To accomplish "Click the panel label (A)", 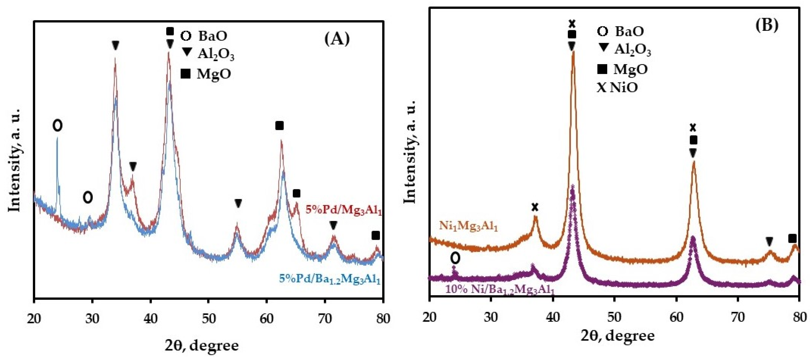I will click(x=337, y=40).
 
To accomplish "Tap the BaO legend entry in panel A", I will click(x=204, y=36).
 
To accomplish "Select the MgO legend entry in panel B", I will click(x=622, y=69).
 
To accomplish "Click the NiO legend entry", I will click(x=617, y=87).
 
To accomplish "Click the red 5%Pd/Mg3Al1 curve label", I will click(x=343, y=210).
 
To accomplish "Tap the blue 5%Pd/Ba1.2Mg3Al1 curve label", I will click(x=330, y=279).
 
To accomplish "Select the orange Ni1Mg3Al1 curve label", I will click(x=468, y=226).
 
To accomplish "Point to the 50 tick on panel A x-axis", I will click(x=209, y=319).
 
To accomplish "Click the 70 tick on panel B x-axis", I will click(x=738, y=316).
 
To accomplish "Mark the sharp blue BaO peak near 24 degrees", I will click(x=57, y=140).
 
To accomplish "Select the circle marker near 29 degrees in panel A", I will click(x=88, y=198).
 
